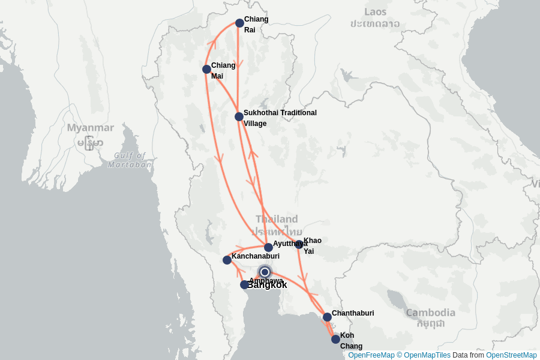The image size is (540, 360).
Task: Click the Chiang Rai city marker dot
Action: (239, 23)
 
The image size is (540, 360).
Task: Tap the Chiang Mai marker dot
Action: (206, 70)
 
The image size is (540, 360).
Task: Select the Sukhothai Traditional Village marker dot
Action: (239, 116)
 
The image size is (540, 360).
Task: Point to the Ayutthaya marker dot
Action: (268, 247)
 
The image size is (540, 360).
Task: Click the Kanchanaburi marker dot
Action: (227, 260)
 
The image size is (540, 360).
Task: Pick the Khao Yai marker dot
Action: (299, 244)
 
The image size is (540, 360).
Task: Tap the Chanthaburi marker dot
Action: (327, 317)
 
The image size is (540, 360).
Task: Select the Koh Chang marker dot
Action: (335, 339)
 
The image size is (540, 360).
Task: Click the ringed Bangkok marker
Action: (265, 272)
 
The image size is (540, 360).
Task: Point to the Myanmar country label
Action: (90, 128)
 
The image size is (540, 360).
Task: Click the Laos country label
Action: (376, 12)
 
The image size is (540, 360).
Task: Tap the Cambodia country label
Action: (430, 313)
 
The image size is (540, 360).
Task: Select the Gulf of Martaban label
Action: (130, 160)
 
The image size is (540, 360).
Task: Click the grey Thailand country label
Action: (277, 220)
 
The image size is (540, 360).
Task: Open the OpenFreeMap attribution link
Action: (371, 355)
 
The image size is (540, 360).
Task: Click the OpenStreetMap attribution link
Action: (511, 355)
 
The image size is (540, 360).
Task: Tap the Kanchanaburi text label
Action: (256, 256)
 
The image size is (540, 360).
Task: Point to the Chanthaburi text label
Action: (353, 313)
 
